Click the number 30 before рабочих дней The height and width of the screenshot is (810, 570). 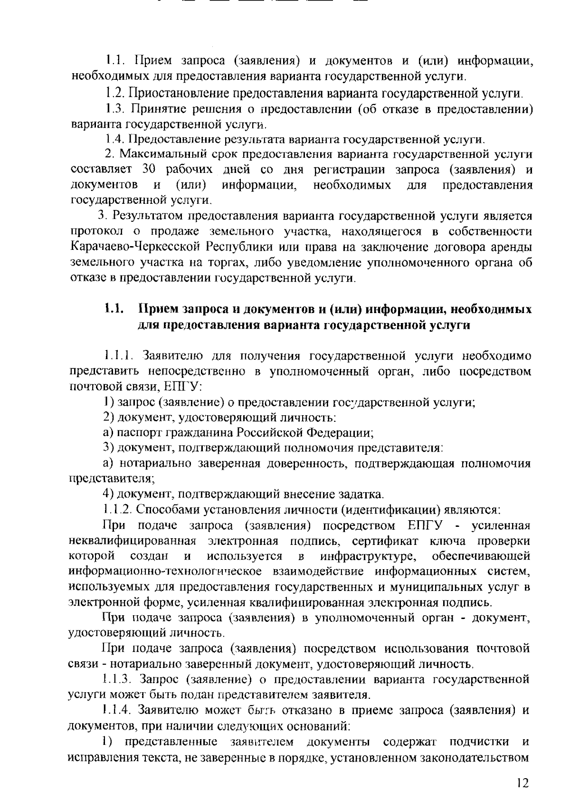coord(149,170)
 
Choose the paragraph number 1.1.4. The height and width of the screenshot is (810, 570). coord(117,710)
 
